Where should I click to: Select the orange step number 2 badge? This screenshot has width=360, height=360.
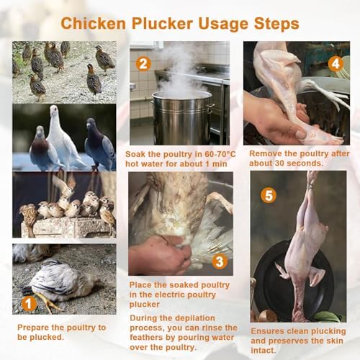pyautogui.click(x=143, y=63)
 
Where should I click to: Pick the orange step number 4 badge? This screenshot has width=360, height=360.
pyautogui.click(x=334, y=63)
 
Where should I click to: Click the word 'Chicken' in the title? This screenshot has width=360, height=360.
pyautogui.click(x=86, y=24)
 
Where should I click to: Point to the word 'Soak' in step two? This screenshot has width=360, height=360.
pyautogui.click(x=137, y=154)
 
